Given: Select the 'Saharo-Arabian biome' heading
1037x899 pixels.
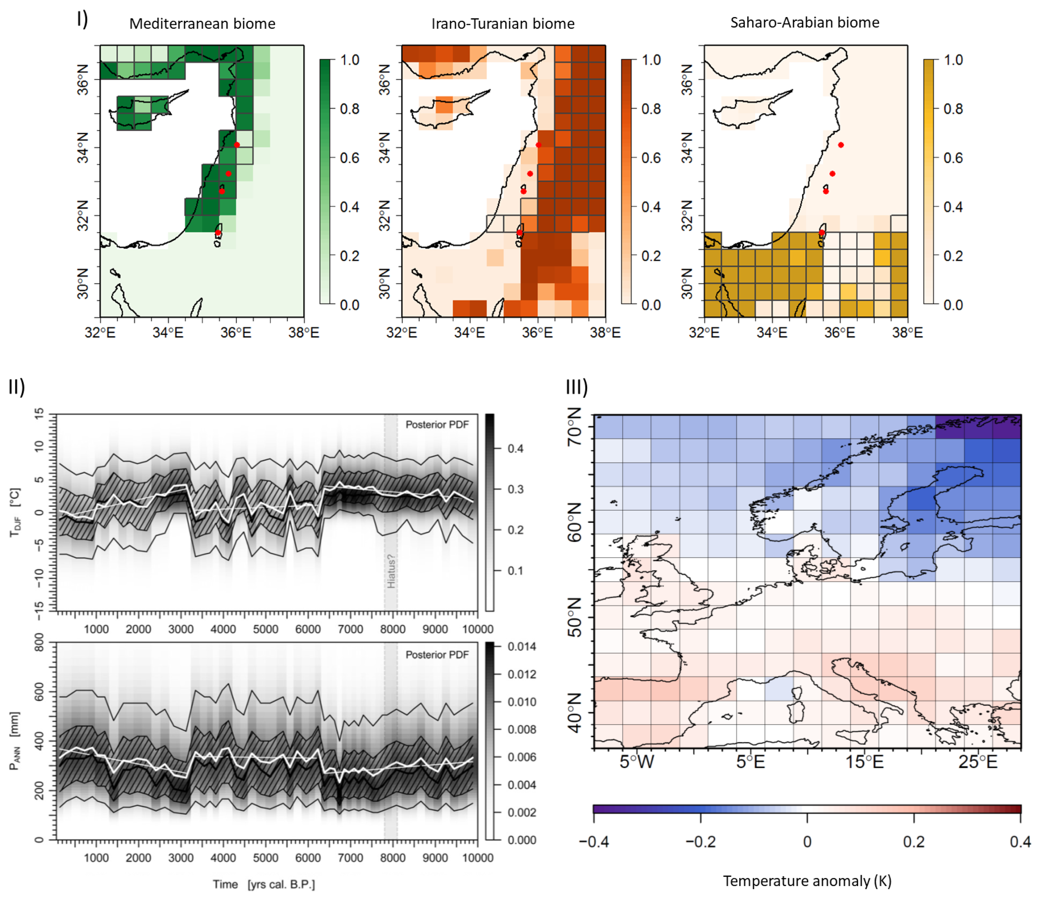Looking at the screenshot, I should tap(805, 23).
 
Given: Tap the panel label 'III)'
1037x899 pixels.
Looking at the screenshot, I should tap(576, 387).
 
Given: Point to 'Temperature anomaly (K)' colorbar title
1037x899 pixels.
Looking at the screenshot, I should tap(807, 880).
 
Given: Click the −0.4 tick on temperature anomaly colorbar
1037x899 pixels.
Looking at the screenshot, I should tap(594, 842).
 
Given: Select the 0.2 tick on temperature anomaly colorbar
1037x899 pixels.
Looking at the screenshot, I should tap(914, 842).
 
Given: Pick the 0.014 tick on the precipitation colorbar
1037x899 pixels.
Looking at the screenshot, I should tap(521, 647).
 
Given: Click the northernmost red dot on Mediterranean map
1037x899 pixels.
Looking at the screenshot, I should tap(237, 145).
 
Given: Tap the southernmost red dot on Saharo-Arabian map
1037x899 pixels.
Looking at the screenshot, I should tap(822, 233).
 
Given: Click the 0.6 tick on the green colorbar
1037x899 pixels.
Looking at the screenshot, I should tap(349, 158).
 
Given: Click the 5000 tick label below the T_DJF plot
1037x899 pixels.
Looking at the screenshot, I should tap(265, 629).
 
